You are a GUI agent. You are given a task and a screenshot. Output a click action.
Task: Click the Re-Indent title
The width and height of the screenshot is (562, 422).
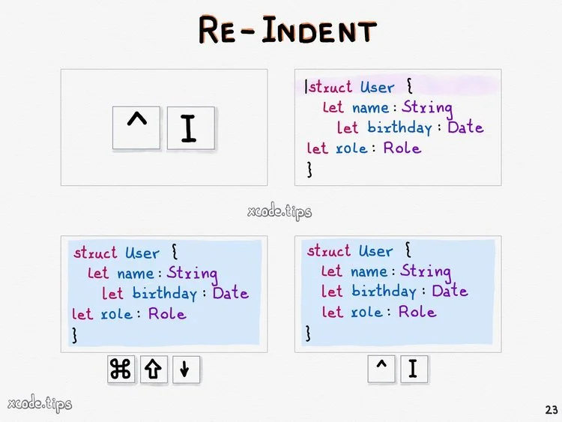(287, 31)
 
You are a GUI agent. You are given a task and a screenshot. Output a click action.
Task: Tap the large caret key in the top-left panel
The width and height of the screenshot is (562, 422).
(136, 127)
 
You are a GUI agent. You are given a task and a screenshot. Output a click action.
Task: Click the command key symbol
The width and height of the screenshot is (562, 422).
(121, 370)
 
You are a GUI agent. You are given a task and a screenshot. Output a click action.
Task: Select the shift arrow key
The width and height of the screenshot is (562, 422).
(154, 370)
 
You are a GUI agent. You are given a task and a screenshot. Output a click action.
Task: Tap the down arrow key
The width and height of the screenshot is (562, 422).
(185, 370)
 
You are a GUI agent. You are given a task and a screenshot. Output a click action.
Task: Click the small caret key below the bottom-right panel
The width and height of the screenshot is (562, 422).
(381, 369)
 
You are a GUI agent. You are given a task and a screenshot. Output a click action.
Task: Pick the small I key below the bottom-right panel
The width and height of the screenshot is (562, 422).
(413, 369)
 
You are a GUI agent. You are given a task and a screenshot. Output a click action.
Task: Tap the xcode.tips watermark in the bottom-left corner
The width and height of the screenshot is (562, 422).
(40, 405)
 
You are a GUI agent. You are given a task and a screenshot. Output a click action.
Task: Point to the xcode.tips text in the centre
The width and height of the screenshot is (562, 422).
(280, 211)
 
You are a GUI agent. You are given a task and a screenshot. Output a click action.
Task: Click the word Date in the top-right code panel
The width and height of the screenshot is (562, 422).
(465, 127)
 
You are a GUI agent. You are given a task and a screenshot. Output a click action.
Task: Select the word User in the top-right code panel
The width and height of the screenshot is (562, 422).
(376, 87)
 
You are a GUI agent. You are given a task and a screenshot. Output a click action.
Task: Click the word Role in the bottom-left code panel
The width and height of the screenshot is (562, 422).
(168, 313)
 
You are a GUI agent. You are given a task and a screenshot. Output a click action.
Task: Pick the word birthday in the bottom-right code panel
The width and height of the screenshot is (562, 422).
(384, 291)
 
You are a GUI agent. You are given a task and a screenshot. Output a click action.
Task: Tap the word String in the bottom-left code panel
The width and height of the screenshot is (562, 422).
(192, 273)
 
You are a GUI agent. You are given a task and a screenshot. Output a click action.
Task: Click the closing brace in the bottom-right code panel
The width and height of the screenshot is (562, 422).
(309, 332)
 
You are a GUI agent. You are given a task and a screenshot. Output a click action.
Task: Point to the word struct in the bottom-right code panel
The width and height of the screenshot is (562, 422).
(328, 250)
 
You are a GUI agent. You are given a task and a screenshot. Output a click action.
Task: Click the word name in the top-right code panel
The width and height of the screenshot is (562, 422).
(370, 107)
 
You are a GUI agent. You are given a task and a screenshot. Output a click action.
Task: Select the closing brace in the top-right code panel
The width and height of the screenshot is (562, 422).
(309, 169)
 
